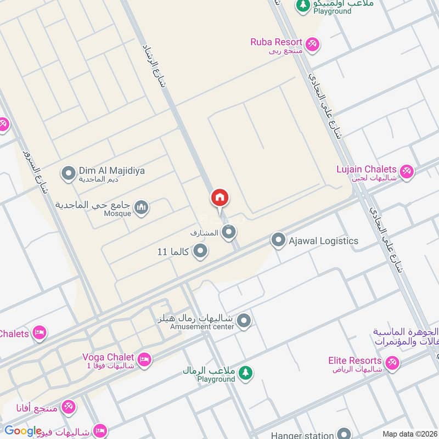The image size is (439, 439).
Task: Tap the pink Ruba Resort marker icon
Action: tap(312, 44)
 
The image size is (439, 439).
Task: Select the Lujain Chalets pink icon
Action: tap(407, 172)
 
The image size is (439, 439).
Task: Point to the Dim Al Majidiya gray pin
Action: tap(68, 174)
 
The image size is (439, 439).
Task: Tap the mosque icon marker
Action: tap(142, 208)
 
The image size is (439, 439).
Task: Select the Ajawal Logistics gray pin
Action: tap(278, 240)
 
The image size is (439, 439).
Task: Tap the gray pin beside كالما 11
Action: tap(201, 251)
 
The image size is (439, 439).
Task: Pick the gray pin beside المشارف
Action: tap(229, 233)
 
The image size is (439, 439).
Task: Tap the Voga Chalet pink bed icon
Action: tap(144, 359)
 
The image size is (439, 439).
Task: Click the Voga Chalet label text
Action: tap(108, 357)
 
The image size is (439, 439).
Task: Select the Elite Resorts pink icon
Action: tap(392, 363)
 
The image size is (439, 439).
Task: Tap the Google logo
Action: tap(22, 431)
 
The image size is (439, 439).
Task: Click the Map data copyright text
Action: tap(409, 434)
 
